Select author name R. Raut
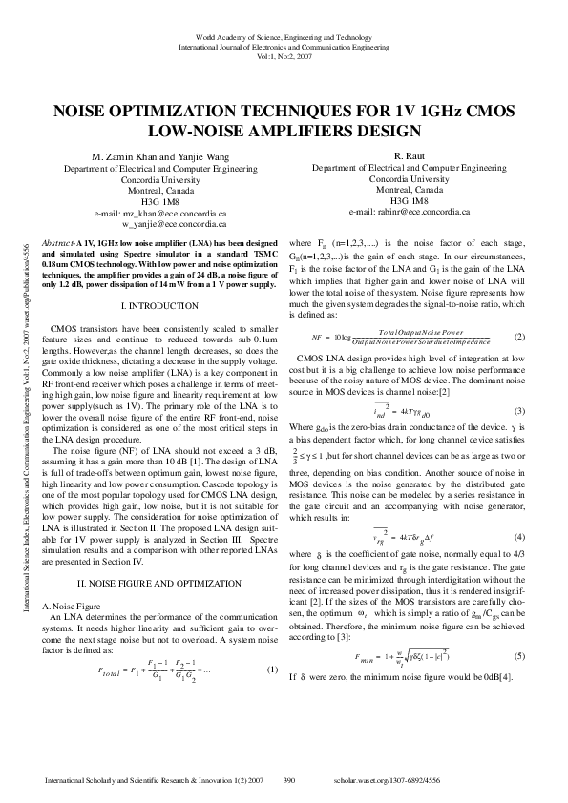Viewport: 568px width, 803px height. (410, 155)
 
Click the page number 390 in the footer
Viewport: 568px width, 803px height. (292, 780)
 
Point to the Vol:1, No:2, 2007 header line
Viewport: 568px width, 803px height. (284, 55)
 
